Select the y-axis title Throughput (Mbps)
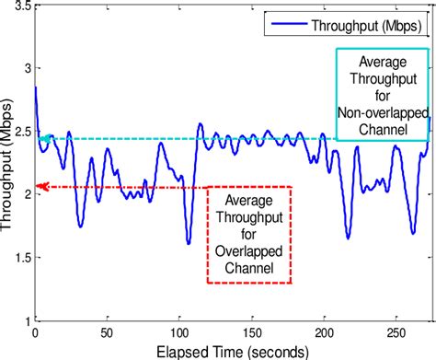point(8,166)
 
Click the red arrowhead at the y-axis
point(39,187)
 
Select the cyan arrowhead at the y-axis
point(39,139)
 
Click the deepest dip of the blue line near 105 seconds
point(188,243)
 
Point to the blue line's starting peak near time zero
point(36,88)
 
